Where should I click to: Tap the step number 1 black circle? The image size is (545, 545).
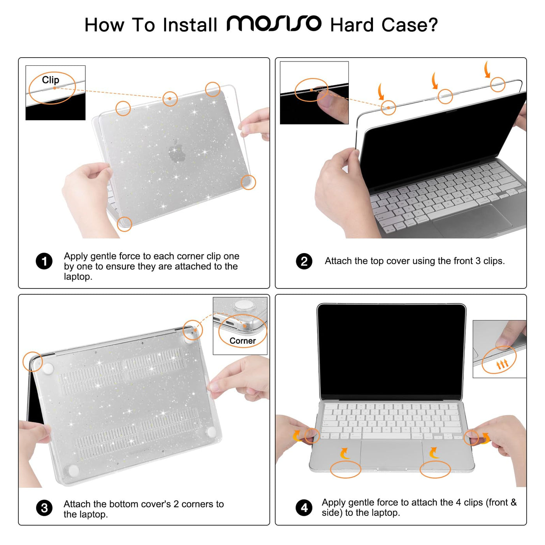coord(44,261)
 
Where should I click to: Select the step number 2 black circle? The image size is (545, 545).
coord(304,261)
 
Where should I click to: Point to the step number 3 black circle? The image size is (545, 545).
coord(44,508)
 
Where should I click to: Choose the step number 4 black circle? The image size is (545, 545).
coord(304,508)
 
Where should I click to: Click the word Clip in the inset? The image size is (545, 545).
coord(51,80)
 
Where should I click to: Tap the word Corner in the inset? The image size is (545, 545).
coord(243,341)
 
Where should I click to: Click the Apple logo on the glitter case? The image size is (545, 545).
coord(177,151)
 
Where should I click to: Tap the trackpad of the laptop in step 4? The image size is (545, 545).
coord(392,454)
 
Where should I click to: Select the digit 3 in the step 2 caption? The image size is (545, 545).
coord(478,261)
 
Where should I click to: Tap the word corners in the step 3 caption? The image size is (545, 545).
coord(197,504)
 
